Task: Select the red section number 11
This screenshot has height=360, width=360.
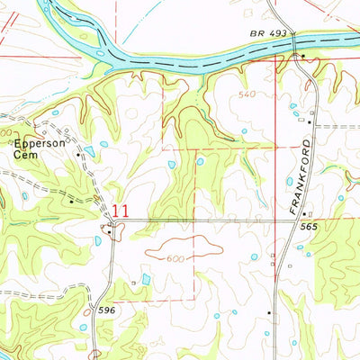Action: coord(121,210)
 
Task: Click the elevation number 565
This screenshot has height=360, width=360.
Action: coord(312,227)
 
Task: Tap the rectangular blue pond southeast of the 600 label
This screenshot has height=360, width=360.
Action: coord(147,280)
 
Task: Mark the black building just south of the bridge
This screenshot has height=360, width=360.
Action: coord(304,56)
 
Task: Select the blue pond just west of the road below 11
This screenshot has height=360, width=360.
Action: coord(97,240)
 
